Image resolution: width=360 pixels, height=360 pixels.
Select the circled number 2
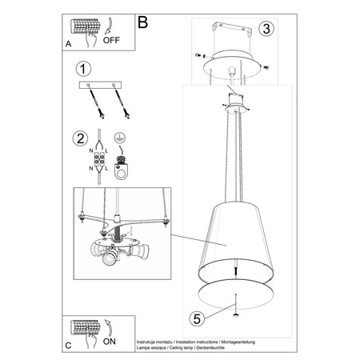(79, 138)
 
